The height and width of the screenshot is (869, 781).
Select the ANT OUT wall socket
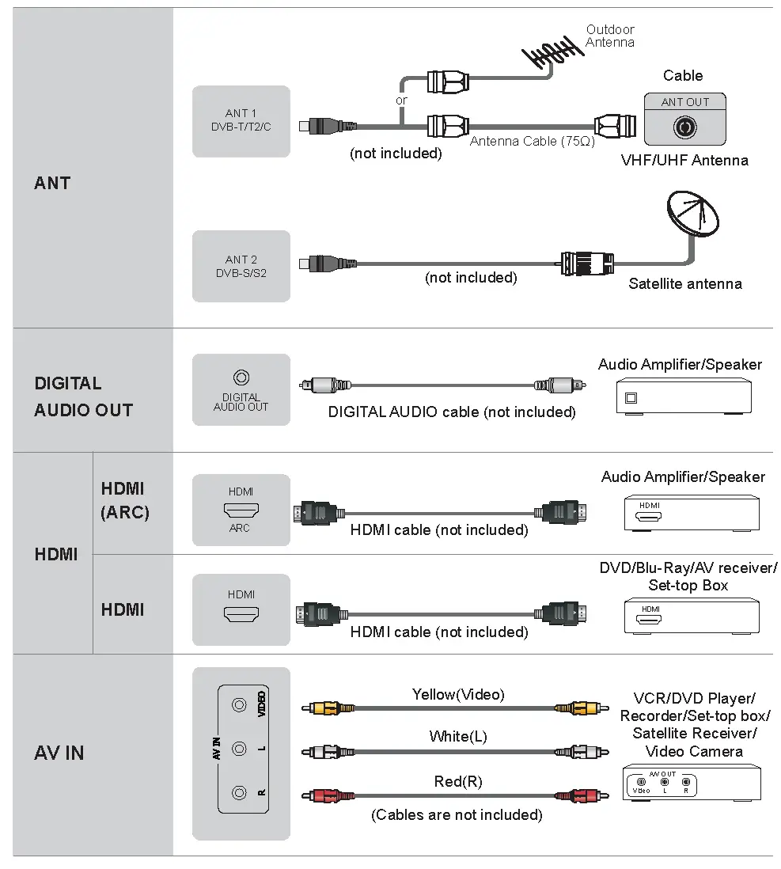tap(684, 126)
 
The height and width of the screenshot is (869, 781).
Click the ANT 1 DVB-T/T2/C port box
tap(241, 120)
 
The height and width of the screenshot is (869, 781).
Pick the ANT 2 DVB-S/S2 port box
tap(241, 266)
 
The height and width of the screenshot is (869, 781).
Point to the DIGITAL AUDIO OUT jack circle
tap(241, 378)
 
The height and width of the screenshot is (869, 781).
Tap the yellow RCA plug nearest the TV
tap(327, 708)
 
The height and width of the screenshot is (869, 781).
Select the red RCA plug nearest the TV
tap(327, 795)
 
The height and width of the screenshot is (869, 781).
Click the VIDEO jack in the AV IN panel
tap(238, 703)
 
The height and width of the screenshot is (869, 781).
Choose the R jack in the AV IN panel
tap(238, 791)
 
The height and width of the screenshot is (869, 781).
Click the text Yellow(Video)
tap(457, 695)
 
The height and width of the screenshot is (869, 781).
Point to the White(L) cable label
tap(457, 737)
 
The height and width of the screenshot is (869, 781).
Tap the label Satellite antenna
tap(684, 283)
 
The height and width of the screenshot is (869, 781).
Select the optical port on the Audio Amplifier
tap(631, 398)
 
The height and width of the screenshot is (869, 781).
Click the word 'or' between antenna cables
tap(401, 101)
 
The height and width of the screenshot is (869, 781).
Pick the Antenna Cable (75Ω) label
tap(532, 141)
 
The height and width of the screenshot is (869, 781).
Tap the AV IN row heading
tap(59, 753)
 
